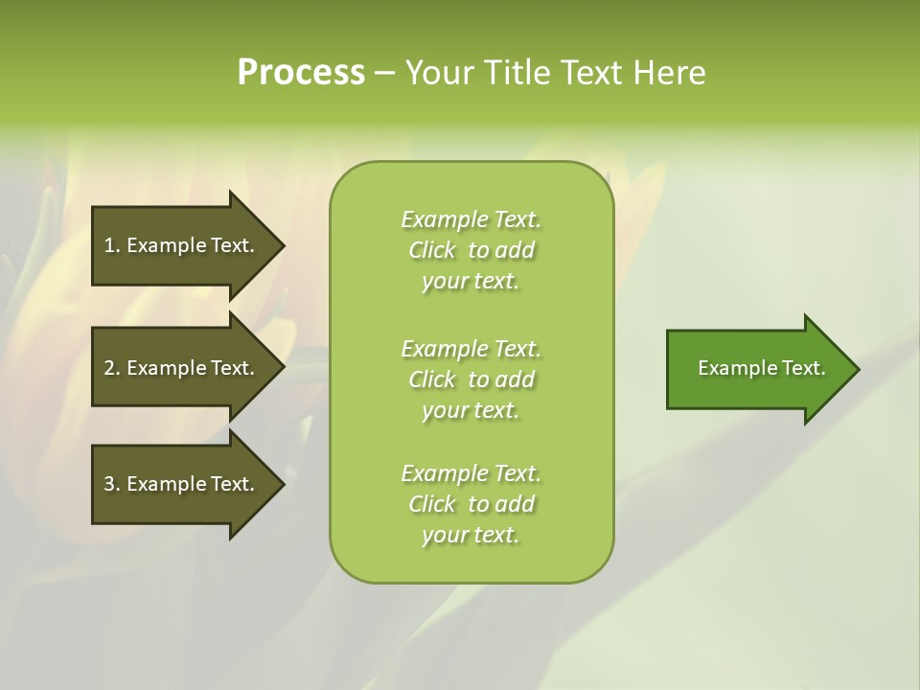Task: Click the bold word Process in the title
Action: coord(301,72)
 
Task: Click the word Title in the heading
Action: coord(518,72)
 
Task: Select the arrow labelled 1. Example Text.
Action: coord(182,245)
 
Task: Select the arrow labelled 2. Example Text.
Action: coord(182,368)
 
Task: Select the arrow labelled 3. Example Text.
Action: coord(182,484)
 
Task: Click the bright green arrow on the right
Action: coord(757,368)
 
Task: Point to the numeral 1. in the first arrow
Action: coord(112,245)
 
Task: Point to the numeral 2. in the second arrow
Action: coord(112,368)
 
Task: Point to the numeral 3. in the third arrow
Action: coord(112,484)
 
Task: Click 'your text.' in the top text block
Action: coord(471,282)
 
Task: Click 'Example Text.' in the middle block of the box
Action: coord(471,348)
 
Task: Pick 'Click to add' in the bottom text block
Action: coord(471,504)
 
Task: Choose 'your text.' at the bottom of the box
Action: coord(471,535)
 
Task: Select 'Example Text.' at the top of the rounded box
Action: coord(471,219)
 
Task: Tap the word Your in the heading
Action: coord(442,72)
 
